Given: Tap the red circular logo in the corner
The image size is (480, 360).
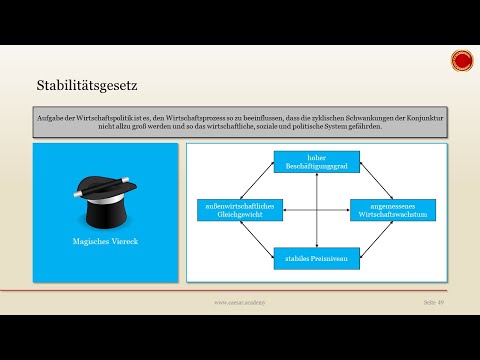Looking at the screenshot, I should coord(461,62).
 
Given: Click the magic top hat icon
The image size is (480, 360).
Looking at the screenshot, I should coord(105,202).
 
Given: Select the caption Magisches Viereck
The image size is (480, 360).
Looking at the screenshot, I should coord(105,242).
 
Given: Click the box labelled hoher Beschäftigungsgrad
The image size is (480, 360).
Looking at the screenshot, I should coord(315,160).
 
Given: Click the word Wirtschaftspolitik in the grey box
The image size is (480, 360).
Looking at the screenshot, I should coord(104,118).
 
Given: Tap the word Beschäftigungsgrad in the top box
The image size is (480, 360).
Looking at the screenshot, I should coord(315,164).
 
